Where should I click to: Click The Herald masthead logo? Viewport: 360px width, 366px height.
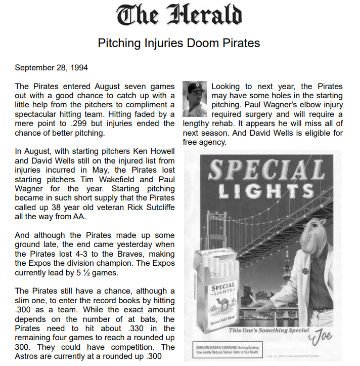[179, 16]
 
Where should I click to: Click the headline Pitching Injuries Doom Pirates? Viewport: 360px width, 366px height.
[179, 43]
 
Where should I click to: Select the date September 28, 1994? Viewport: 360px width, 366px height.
[52, 68]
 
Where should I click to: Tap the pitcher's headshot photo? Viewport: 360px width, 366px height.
[195, 99]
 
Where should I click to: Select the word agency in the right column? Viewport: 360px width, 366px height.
[212, 142]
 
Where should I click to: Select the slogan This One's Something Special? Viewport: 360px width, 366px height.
[267, 330]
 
